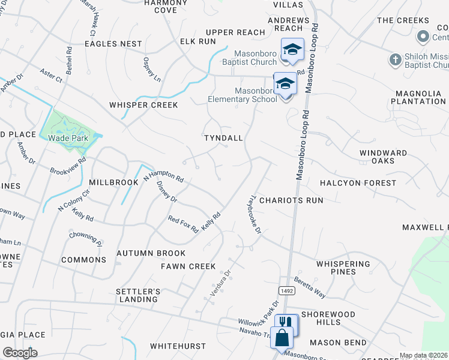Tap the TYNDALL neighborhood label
(x=223, y=138)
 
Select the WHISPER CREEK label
(x=143, y=105)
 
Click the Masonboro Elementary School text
(x=242, y=95)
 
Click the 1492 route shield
(x=286, y=290)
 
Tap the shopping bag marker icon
(x=282, y=338)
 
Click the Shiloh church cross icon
(x=395, y=59)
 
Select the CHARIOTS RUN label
(x=291, y=200)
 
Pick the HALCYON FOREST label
(x=358, y=183)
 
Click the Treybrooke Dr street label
(x=255, y=214)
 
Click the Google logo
(x=19, y=353)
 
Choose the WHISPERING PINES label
(x=343, y=268)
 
